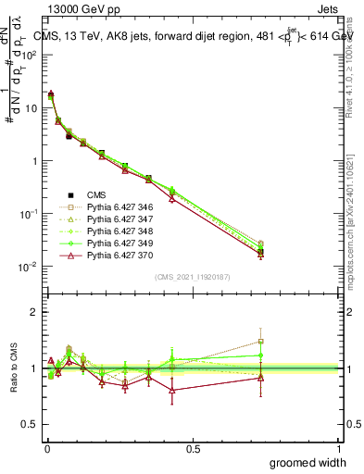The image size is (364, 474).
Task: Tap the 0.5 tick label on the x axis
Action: tap(193, 447)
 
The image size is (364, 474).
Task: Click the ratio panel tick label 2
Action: tap(33, 312)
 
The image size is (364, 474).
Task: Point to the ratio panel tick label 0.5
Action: tap(29, 424)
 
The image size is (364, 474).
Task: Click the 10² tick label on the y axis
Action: tap(29, 55)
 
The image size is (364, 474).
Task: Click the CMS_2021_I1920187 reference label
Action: tap(192, 277)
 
